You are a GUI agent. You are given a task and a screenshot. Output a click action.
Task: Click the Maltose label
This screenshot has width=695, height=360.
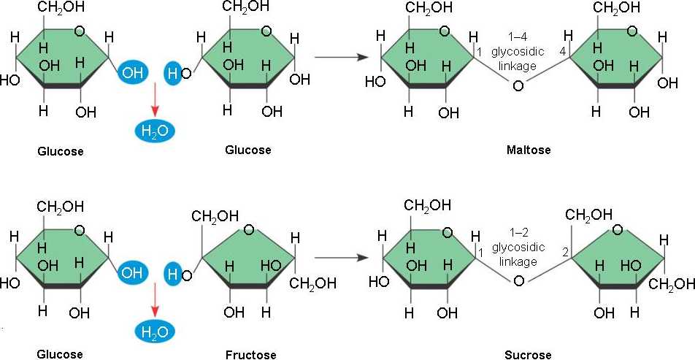coord(529,150)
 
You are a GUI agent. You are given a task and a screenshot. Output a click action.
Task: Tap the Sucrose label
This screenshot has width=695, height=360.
coord(528,356)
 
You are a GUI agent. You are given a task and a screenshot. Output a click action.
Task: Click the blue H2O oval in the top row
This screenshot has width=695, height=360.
coord(155,131)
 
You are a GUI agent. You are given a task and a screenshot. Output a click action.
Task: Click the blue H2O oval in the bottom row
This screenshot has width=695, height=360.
coord(155,332)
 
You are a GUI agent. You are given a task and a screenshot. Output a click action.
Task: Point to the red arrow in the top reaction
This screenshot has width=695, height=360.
coord(155,101)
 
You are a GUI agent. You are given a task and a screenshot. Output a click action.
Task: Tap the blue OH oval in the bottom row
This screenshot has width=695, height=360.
coord(132,273)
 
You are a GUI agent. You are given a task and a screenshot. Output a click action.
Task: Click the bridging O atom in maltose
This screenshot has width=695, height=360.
coord(518,86)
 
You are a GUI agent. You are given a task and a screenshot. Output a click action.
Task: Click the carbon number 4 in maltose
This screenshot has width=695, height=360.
coord(562,52)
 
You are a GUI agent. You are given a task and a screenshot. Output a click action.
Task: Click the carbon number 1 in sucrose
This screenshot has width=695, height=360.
coord(480,252)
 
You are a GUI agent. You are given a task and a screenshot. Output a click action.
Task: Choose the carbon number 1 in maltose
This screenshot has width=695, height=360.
coord(480,53)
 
